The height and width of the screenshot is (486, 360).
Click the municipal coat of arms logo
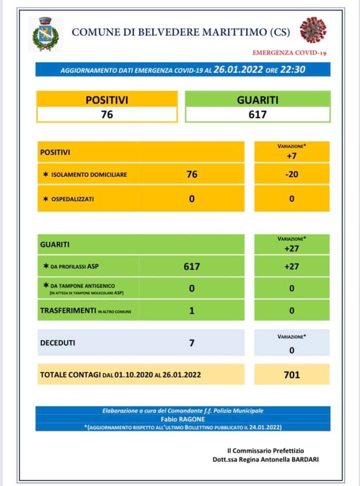tap(45, 34)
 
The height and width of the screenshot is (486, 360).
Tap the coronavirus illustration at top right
tap(313, 30)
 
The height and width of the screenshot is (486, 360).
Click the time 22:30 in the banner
tap(292, 69)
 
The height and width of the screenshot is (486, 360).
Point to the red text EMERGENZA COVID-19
tap(289, 52)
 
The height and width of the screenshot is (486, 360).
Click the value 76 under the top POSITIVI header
tap(107, 114)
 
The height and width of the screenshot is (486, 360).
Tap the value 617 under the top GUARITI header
tap(257, 114)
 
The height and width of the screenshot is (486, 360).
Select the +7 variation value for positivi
tap(291, 155)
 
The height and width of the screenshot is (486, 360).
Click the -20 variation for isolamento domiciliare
tap(291, 174)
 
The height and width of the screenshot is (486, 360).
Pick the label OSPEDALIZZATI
tap(72, 199)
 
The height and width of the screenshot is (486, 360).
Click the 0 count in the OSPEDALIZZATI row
tap(191, 199)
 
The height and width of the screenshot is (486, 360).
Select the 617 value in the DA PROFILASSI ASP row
tap(191, 266)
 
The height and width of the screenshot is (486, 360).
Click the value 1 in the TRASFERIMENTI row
tap(191, 310)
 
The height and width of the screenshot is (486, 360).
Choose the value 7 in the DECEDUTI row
tap(191, 343)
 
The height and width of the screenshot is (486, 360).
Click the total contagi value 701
tap(291, 374)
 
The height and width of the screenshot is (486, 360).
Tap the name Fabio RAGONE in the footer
tap(182, 418)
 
